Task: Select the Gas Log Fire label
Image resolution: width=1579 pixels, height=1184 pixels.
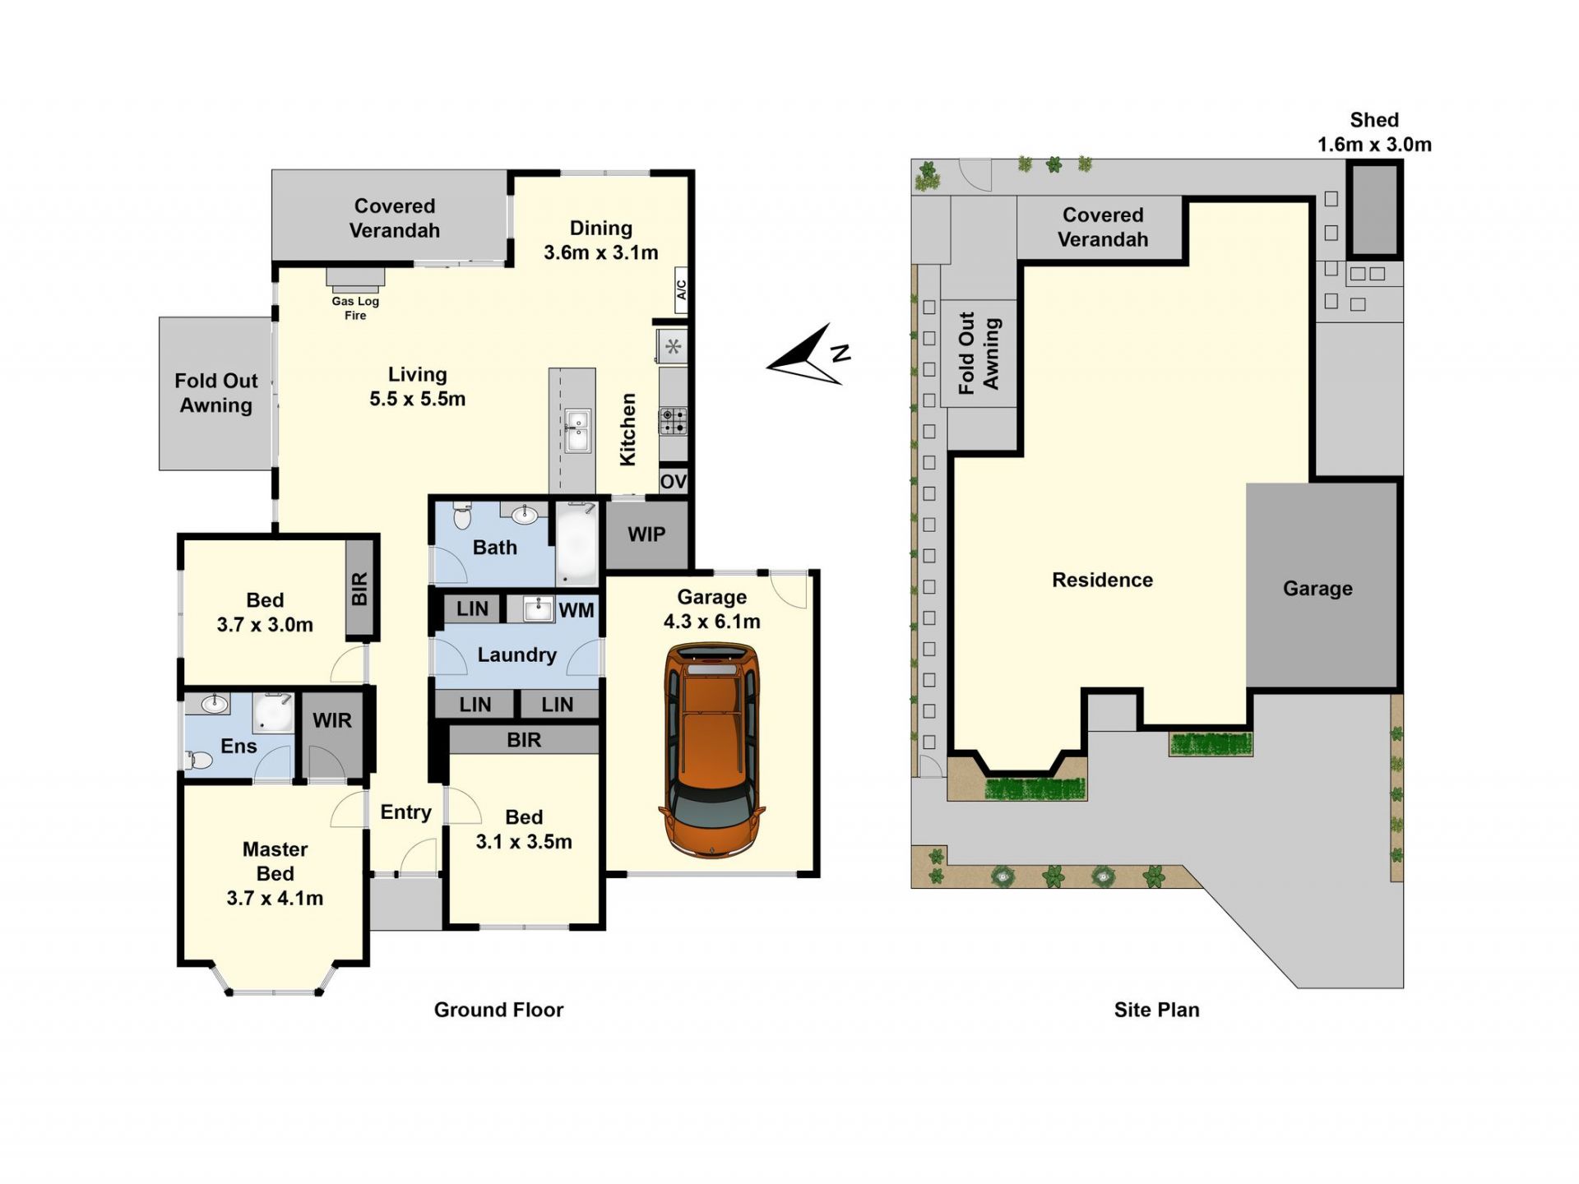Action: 355,308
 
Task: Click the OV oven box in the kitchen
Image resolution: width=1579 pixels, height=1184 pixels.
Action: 673,481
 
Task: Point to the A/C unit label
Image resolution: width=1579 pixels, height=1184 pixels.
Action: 681,290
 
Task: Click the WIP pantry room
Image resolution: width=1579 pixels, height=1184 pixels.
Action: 646,534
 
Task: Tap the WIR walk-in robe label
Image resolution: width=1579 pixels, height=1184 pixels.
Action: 332,720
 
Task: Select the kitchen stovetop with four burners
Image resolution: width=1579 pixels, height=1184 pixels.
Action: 673,421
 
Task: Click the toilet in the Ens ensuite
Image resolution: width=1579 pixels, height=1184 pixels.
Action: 199,760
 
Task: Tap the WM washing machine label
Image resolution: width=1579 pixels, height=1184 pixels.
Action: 576,610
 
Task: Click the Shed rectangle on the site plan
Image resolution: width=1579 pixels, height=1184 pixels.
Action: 1374,210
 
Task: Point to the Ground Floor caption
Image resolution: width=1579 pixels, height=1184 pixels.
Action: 498,1010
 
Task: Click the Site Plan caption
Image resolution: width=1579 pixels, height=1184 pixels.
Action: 1156,1010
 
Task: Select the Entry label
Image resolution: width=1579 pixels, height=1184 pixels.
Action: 405,812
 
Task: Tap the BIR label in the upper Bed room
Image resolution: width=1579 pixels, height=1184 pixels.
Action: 359,589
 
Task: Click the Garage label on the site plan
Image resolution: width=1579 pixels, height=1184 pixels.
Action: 1317,589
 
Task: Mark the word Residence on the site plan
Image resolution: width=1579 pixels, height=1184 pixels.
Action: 1102,580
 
